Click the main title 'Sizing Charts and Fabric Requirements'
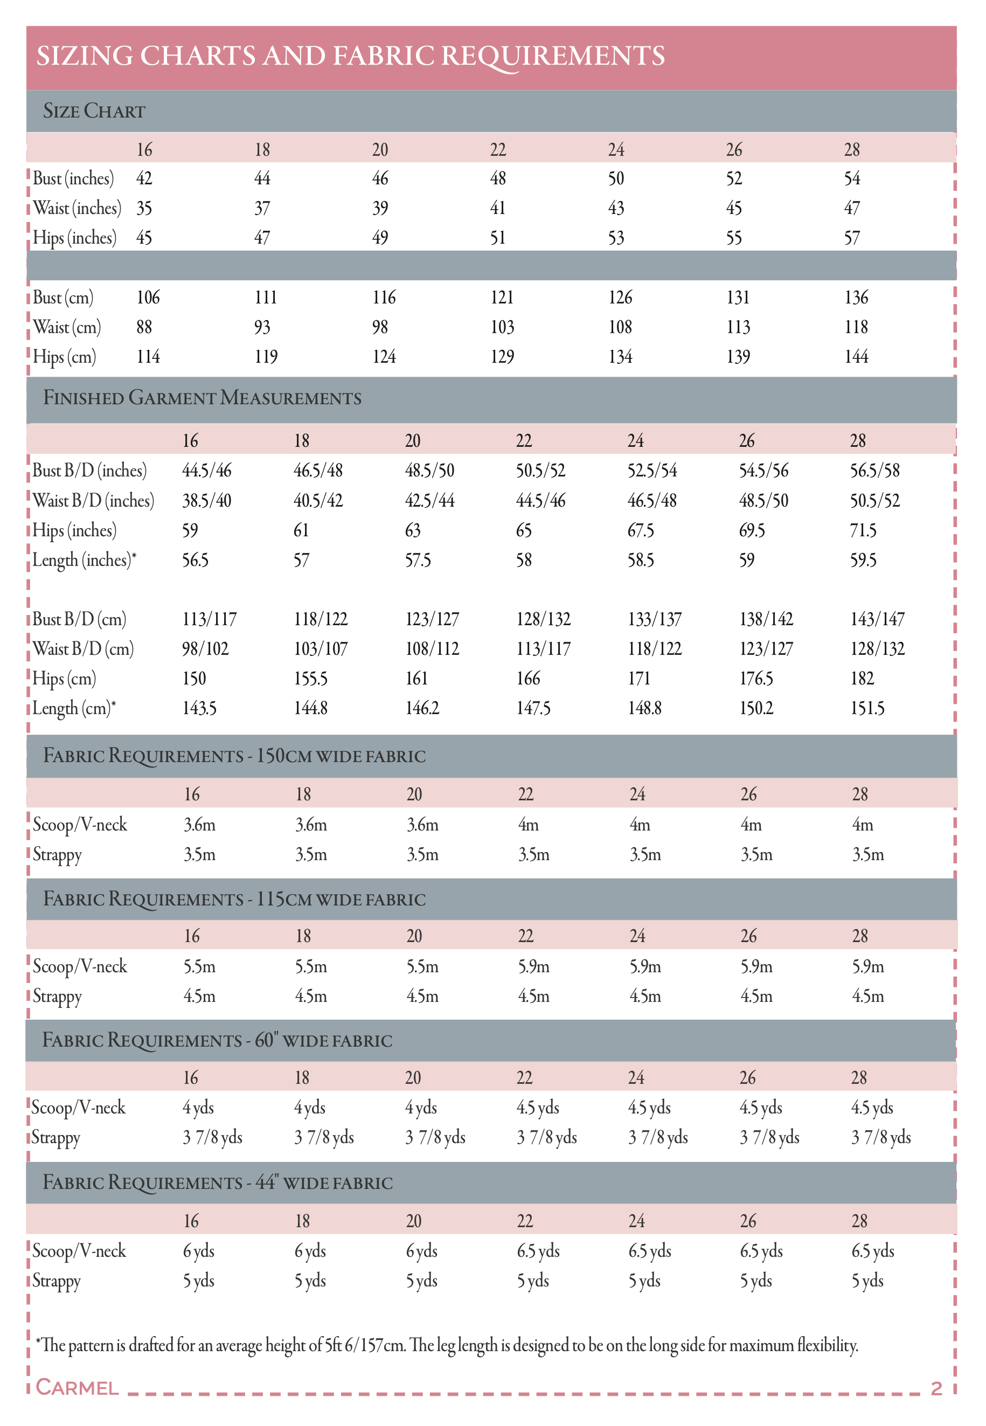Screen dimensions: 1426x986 tap(350, 56)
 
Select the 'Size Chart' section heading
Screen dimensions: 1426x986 tap(94, 111)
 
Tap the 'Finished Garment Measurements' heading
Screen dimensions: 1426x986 tap(202, 398)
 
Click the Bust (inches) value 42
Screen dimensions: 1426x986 tap(144, 178)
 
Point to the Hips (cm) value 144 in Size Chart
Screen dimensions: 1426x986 tap(856, 357)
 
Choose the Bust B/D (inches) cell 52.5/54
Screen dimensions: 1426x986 tap(652, 471)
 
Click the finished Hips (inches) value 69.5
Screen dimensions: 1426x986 tap(752, 530)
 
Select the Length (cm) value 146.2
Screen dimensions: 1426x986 tap(422, 708)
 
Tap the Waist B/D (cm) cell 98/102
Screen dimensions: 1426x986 tap(205, 649)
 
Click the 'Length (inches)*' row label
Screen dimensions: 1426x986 tap(84, 560)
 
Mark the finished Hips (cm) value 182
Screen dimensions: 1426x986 tap(862, 679)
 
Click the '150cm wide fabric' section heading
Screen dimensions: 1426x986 tap(234, 756)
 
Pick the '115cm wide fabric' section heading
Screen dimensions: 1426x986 tap(234, 899)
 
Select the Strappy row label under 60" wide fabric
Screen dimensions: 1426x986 tap(55, 1138)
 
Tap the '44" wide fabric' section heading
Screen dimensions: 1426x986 tap(218, 1182)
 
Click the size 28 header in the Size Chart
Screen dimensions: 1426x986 tap(851, 149)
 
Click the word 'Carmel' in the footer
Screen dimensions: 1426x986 tap(77, 1388)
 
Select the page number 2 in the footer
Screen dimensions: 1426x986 tap(936, 1388)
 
